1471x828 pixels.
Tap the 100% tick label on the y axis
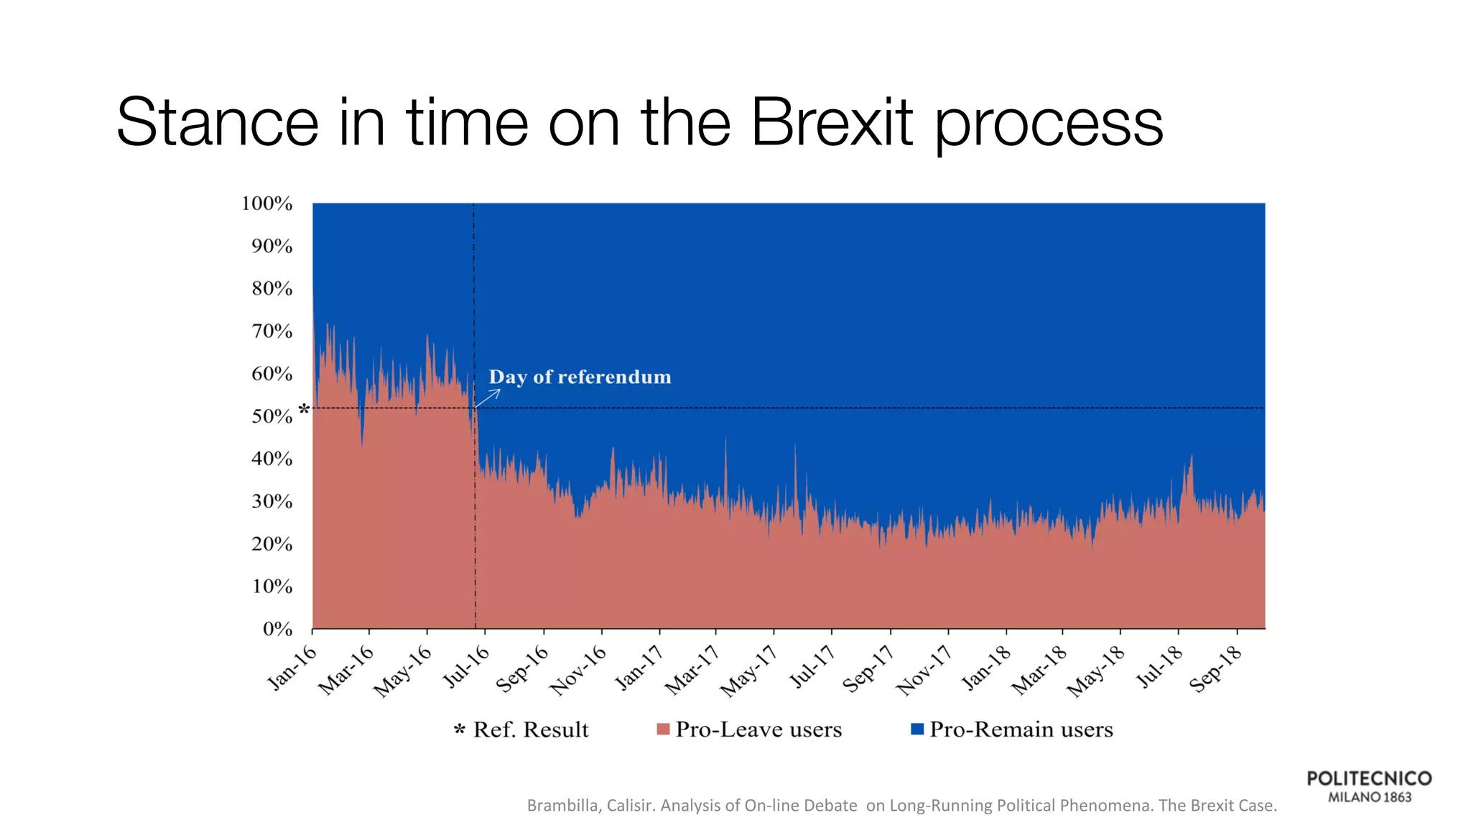pos(267,203)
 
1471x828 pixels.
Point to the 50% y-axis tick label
pos(272,417)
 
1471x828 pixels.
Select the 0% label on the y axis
pos(277,630)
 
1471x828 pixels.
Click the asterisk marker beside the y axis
pos(304,410)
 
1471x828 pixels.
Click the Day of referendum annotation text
pos(580,377)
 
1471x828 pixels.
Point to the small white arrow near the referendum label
pos(488,397)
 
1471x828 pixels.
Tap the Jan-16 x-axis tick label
pos(292,668)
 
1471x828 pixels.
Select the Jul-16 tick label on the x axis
pos(466,666)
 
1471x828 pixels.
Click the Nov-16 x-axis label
pos(578,671)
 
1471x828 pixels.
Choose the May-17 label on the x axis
pos(749,671)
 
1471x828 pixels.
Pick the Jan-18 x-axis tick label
pos(986,668)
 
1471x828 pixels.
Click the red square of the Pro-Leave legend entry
pos(663,730)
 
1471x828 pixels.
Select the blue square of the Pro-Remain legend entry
pos(917,729)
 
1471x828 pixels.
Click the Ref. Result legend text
pos(530,730)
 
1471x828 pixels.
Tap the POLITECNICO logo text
pos(1369,778)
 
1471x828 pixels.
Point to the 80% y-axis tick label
pos(272,289)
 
